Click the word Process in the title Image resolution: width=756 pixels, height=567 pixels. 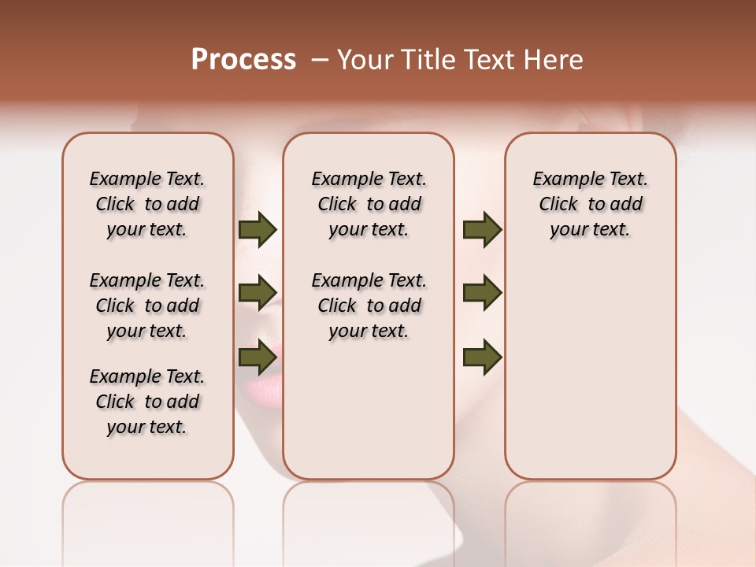click(243, 60)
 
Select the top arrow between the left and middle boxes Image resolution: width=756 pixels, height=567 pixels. click(258, 230)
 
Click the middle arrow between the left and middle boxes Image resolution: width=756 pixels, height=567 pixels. click(258, 293)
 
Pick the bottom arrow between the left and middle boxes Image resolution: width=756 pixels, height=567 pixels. click(258, 357)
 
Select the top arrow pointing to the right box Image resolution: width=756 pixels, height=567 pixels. click(482, 230)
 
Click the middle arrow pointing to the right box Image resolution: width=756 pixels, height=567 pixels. click(482, 293)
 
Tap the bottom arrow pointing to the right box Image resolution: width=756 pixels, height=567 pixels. click(482, 357)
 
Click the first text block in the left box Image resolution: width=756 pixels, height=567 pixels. click(147, 204)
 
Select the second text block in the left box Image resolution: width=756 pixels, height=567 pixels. click(147, 306)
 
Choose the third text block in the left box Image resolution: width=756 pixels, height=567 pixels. click(147, 402)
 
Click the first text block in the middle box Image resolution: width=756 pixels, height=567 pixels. click(369, 204)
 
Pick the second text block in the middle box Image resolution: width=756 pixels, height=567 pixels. click(369, 306)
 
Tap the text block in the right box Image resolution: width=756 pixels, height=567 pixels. click(590, 204)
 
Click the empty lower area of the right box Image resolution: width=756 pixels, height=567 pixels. click(590, 370)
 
